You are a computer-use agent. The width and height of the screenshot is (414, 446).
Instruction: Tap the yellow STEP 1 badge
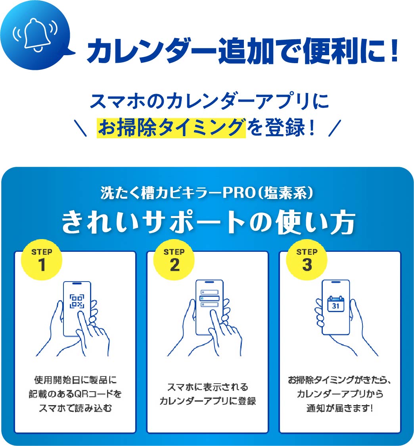tap(42, 260)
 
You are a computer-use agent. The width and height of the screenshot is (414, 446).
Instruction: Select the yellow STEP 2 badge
tap(174, 260)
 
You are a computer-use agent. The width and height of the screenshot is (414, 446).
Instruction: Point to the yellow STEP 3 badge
tap(307, 260)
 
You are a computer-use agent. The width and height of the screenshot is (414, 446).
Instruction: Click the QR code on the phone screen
tap(77, 301)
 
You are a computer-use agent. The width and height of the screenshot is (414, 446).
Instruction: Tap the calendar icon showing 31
tap(335, 303)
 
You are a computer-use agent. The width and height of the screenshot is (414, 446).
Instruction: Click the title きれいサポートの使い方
tap(207, 222)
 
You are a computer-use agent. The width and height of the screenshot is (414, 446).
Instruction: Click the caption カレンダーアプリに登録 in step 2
tap(207, 401)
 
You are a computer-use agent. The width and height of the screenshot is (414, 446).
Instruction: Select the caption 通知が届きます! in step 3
tap(339, 408)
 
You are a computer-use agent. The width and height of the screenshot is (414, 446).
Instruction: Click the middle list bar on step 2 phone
tap(209, 298)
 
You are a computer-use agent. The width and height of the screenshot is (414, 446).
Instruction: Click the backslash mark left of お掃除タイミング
tap(81, 129)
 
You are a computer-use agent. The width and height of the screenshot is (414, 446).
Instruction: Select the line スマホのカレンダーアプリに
tap(207, 102)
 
